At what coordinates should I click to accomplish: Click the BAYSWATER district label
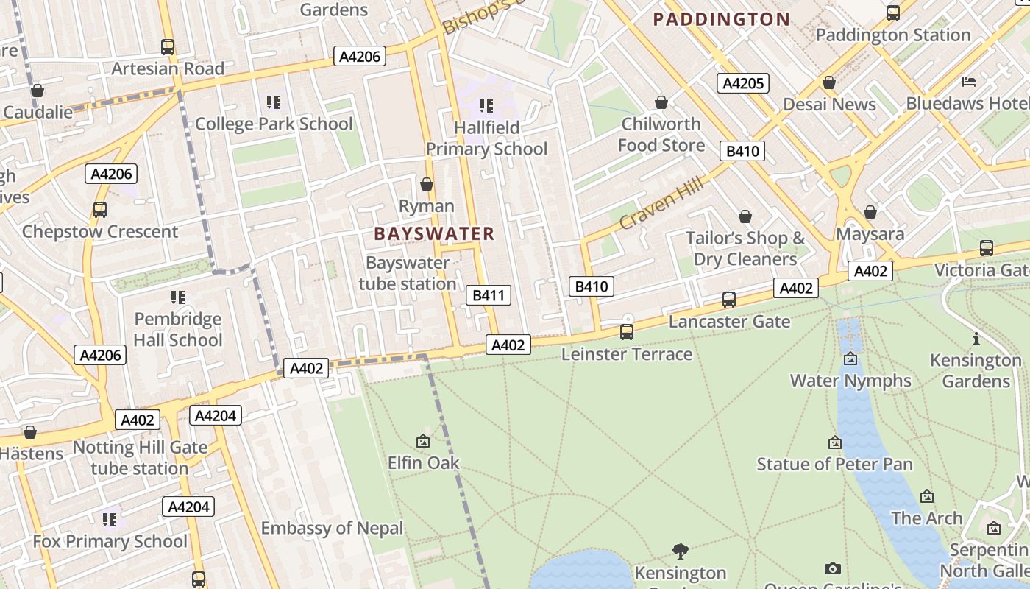tap(434, 234)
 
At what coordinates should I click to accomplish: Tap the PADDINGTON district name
tap(722, 19)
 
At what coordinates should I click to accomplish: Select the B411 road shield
tap(489, 296)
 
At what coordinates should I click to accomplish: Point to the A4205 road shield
tap(743, 83)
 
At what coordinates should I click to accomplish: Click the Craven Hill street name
tap(661, 203)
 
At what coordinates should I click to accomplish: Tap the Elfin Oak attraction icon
tap(423, 442)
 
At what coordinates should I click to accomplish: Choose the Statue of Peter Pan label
tap(834, 465)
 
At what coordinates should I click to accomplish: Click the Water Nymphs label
tap(850, 381)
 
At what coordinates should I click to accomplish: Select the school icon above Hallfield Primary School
tap(486, 106)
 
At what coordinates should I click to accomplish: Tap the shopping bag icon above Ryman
tap(427, 184)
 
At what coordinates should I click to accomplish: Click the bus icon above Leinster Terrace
tap(627, 332)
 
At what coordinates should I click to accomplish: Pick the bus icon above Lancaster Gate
tap(729, 300)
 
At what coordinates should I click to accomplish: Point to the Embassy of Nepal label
tap(333, 529)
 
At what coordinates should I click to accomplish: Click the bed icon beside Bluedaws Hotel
tap(969, 82)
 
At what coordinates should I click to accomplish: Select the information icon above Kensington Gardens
tap(976, 339)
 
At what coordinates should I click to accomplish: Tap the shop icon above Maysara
tap(870, 213)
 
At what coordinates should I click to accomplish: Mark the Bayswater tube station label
tap(408, 273)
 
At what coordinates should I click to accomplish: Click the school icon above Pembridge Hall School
tap(177, 297)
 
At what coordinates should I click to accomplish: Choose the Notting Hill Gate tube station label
tap(140, 458)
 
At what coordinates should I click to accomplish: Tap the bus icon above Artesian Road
tap(168, 47)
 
